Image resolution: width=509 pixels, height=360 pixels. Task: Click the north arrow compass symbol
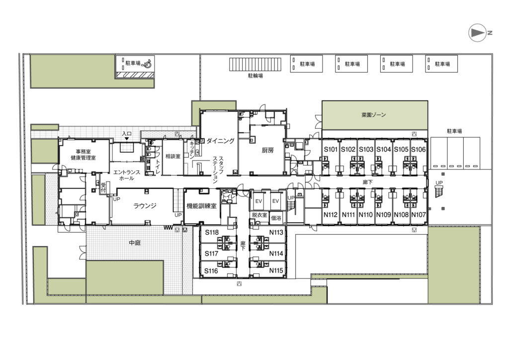pos(477,32)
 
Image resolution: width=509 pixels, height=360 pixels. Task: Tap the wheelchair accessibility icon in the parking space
pos(147,63)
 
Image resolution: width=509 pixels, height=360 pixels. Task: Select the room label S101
pos(331,149)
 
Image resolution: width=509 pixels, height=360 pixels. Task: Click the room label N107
pos(419,215)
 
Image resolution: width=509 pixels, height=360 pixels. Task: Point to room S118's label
pos(212,232)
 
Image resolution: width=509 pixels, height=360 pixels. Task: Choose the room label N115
pos(276,270)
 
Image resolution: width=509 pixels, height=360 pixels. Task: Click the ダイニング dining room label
pos(220,141)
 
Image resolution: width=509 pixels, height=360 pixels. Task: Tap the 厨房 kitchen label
pos(268,150)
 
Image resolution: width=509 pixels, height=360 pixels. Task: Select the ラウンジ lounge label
pos(145,205)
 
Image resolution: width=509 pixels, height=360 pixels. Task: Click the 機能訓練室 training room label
pos(201,206)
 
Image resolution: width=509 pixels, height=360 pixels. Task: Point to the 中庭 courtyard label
pos(135,243)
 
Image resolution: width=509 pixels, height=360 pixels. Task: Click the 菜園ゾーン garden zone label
pos(374,114)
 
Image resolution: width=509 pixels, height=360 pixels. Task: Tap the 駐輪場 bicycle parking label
pos(255,76)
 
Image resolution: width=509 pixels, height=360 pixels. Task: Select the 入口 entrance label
pos(127,134)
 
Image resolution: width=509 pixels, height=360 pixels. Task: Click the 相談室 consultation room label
pos(172,156)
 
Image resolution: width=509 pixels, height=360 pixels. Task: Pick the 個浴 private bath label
pos(276,218)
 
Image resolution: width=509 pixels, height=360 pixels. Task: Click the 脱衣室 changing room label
pos(259,215)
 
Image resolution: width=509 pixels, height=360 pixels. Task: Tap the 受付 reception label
pos(103,187)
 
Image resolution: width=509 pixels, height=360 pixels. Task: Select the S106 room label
pos(419,149)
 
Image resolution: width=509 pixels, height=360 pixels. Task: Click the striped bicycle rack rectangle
pos(255,64)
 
